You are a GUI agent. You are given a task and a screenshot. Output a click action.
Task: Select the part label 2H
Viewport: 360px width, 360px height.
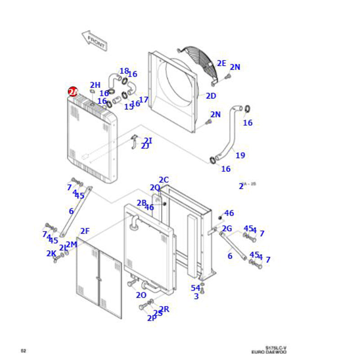coord(95,85)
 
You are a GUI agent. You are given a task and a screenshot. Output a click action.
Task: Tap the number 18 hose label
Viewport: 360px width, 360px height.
coord(124,71)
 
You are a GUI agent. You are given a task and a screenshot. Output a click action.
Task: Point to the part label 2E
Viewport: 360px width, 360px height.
coord(221,63)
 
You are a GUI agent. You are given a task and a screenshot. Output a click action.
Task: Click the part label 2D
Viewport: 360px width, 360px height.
coord(211,96)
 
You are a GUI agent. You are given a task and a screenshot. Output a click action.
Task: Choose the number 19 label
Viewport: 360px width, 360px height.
coord(240,156)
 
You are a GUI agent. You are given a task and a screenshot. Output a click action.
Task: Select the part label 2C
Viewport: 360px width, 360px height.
coord(163,180)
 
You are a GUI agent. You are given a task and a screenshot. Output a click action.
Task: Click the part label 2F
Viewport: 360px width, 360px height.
coord(85,231)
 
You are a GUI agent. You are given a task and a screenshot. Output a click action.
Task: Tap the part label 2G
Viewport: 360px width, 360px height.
coord(227,229)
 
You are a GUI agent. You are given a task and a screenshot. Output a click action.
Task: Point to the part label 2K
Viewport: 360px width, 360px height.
coord(51,254)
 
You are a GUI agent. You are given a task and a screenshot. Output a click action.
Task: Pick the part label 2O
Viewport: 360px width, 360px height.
coord(141,295)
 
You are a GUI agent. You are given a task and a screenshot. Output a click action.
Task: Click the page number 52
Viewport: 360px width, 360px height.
coord(23,350)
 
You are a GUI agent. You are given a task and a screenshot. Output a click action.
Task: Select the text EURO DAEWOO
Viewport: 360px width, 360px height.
coord(269,352)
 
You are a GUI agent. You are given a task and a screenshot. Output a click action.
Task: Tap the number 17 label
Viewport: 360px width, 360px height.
coord(144,100)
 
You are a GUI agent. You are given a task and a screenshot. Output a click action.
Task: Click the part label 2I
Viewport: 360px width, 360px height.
coord(148,141)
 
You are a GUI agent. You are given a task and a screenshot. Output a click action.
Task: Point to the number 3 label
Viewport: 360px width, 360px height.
coord(196,296)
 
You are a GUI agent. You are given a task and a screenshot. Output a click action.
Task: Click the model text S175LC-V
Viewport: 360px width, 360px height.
coord(275,347)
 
